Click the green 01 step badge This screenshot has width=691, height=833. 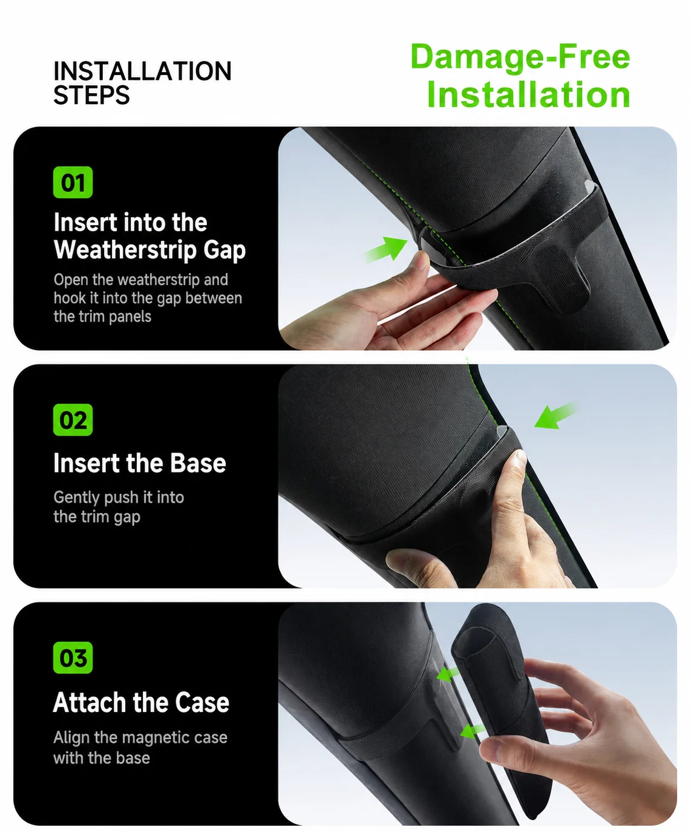pos(73,182)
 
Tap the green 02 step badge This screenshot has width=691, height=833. pos(73,420)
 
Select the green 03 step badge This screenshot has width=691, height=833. pos(73,658)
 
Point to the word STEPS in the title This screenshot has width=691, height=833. pos(91,96)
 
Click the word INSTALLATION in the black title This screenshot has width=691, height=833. pos(142,71)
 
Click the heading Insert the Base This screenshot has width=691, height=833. pos(140,463)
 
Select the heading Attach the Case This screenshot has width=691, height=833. pos(141,702)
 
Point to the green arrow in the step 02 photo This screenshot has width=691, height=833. pos(555,416)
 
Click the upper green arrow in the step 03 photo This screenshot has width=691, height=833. pos(448,675)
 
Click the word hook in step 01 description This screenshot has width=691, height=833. pos(68,298)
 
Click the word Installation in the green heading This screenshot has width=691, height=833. pos(528,95)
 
